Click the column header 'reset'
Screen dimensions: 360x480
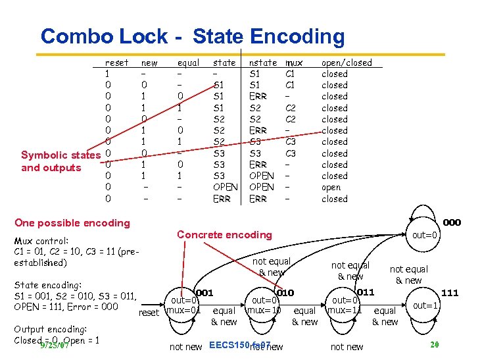[x=117, y=63]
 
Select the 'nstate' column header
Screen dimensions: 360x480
[x=263, y=63]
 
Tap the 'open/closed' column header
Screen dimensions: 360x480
[x=346, y=63]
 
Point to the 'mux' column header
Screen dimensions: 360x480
[x=294, y=63]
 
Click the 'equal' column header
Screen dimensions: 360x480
[x=189, y=63]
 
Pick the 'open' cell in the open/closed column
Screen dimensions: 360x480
[x=331, y=187]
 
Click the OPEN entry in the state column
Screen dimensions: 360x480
[x=225, y=187]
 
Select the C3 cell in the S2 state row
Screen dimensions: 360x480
[x=290, y=141]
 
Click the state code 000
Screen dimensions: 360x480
[x=451, y=222]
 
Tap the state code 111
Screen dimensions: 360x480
[x=450, y=292]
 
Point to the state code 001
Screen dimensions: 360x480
[x=204, y=292]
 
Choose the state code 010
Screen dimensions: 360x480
[x=285, y=292]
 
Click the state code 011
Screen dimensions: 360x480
[x=365, y=292]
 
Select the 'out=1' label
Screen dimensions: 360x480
[x=424, y=305]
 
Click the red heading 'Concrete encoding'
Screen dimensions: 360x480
[x=224, y=234]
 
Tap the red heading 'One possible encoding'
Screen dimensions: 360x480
[x=72, y=222]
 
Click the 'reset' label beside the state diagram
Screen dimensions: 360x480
[x=149, y=312]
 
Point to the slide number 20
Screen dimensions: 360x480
[x=434, y=344]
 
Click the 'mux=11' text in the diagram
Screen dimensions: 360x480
[x=345, y=310]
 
